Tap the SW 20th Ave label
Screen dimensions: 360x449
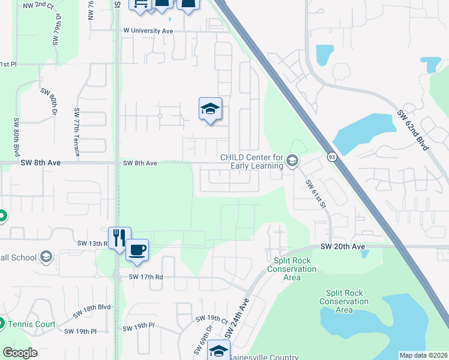tap(342, 246)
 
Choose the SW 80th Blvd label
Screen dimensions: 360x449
tap(17, 138)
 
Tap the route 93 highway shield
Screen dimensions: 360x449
tap(331, 157)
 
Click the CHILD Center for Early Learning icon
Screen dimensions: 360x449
tap(292, 160)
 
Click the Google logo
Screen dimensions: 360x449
tap(20, 353)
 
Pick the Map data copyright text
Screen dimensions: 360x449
tap(423, 355)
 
